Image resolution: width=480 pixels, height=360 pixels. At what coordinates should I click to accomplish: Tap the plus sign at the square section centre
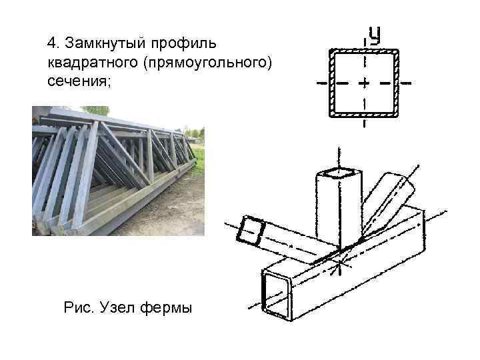coord(364,84)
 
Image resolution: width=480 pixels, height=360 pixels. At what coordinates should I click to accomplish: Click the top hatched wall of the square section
coord(364,51)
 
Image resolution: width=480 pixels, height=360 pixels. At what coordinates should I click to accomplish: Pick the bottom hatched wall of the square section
coord(364,116)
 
